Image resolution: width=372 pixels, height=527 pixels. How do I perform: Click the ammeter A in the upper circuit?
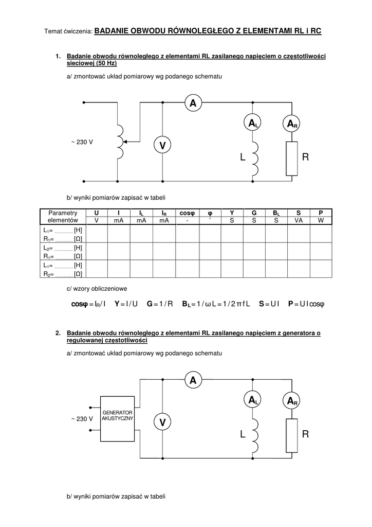tap(193, 103)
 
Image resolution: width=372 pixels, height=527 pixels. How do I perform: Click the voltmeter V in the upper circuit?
tap(162, 146)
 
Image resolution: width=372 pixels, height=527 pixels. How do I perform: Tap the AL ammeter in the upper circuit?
tap(254, 124)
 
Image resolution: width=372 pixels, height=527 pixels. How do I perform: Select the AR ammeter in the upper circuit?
tap(292, 124)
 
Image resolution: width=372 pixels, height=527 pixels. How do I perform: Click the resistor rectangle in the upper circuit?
tap(292, 159)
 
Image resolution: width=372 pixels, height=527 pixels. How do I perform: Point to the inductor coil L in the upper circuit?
tap(255, 157)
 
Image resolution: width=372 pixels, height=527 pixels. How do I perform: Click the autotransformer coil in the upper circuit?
tap(120, 142)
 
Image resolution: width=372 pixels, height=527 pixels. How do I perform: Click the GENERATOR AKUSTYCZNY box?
tap(118, 419)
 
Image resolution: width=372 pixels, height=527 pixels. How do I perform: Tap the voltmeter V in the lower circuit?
tap(162, 423)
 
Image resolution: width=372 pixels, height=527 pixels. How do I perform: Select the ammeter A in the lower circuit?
tap(193, 380)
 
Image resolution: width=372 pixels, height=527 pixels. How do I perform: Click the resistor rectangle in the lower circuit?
tap(292, 435)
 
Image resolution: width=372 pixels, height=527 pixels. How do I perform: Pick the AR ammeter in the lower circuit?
tap(292, 400)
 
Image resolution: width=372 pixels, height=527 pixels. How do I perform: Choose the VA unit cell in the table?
tap(299, 220)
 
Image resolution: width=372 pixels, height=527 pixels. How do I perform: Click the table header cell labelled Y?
tap(232, 213)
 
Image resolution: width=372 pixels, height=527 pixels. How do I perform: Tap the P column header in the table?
tap(321, 213)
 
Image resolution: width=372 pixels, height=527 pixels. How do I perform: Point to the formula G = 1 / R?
tap(160, 304)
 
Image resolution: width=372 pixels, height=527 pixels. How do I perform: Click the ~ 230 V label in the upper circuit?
tap(82, 142)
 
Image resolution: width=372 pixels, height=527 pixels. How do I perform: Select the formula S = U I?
tap(269, 304)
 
